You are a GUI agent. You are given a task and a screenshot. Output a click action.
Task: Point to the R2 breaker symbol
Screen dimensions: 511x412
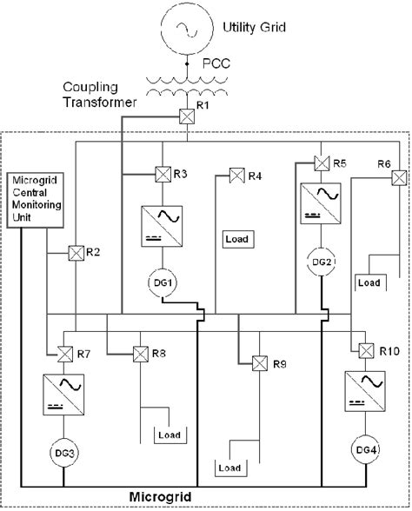(76, 254)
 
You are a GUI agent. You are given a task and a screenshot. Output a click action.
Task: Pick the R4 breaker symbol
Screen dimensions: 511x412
(236, 176)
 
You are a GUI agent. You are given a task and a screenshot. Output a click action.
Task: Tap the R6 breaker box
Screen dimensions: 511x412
(398, 177)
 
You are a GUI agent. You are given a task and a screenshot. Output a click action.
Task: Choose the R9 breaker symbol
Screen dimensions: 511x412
(258, 362)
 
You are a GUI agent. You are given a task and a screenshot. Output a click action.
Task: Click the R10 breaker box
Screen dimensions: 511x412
(364, 351)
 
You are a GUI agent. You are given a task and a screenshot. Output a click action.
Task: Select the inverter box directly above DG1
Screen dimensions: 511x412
(162, 225)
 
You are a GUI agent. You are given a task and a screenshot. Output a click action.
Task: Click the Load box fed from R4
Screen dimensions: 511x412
(236, 238)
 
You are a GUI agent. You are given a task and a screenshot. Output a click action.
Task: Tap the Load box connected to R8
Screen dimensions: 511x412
(167, 433)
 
